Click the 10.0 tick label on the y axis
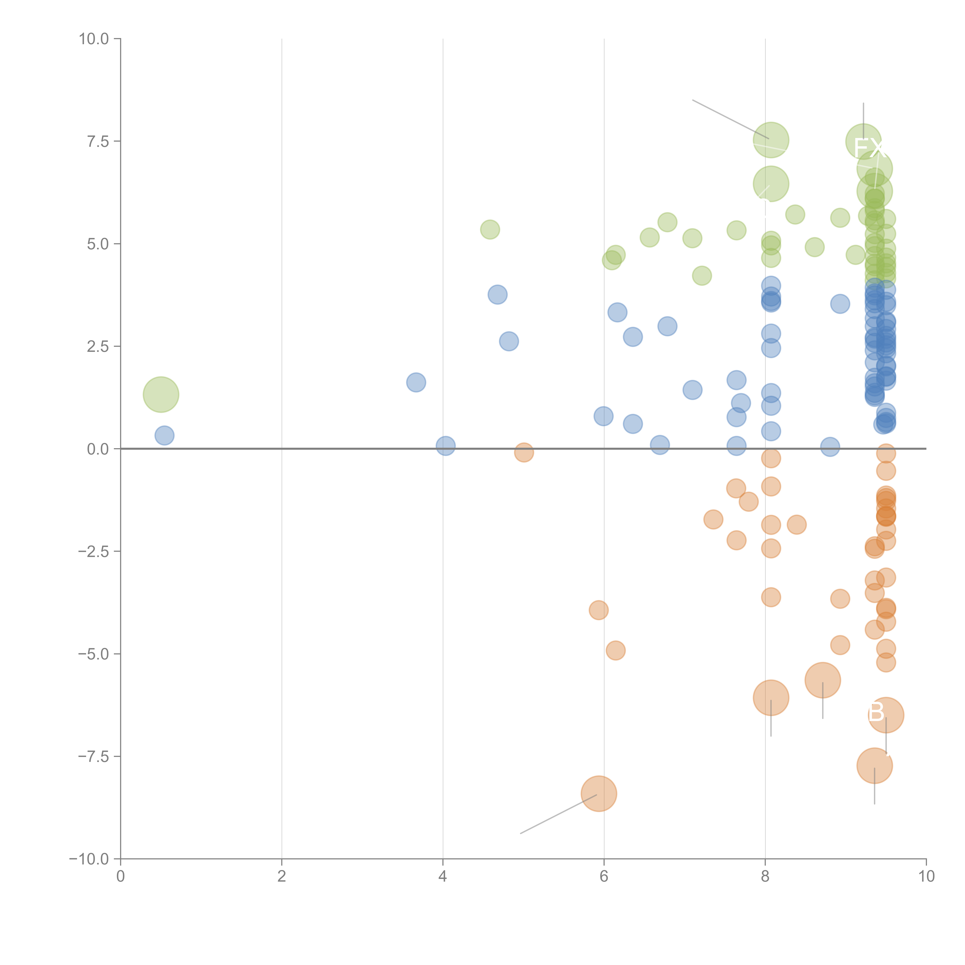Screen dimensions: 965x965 point(94,39)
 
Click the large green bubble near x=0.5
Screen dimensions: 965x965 point(161,395)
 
